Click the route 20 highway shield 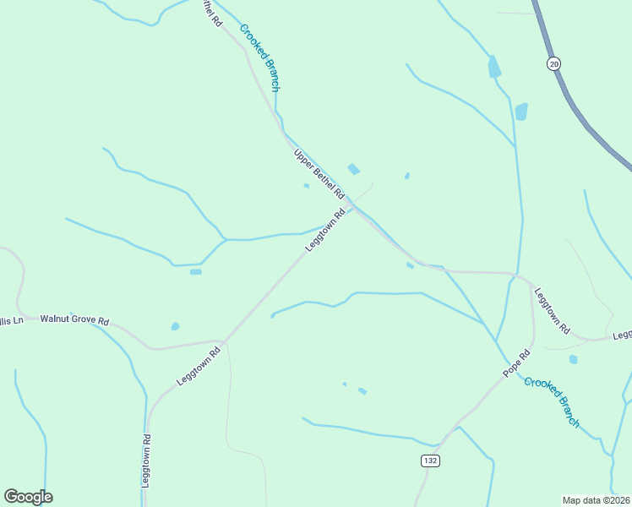click(x=553, y=63)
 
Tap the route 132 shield click(x=430, y=460)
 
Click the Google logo click(x=28, y=497)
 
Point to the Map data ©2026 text click(x=596, y=499)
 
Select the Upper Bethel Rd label click(x=319, y=175)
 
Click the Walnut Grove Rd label click(x=75, y=321)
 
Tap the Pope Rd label click(x=516, y=363)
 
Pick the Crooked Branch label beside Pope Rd click(x=552, y=401)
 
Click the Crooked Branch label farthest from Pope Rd click(x=259, y=57)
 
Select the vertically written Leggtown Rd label click(x=146, y=461)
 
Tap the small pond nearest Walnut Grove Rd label click(x=175, y=326)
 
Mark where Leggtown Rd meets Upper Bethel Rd click(x=352, y=205)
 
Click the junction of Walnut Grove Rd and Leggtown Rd click(x=223, y=341)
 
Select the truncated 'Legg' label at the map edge click(x=622, y=335)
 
